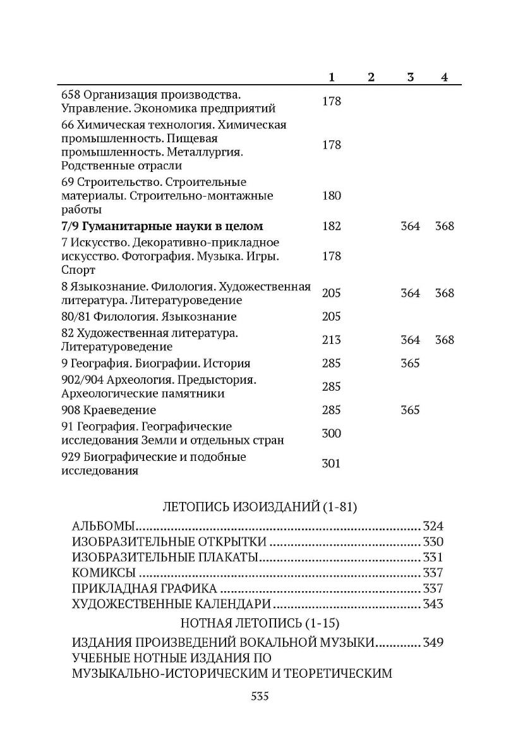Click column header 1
332,77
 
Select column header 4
445,77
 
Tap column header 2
371,77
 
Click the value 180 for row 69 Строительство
332,195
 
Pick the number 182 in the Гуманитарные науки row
332,226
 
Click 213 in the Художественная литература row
332,340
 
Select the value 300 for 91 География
332,433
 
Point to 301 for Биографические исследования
332,463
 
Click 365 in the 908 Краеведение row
410,410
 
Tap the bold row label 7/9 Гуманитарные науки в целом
162,226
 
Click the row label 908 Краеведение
109,410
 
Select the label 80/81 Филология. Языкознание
149,317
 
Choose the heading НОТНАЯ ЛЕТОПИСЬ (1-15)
260,623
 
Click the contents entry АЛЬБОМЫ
104,526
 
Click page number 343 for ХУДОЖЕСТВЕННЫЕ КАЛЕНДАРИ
433,604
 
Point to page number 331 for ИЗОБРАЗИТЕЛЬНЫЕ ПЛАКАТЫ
433,558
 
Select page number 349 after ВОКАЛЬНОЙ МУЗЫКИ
433,642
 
